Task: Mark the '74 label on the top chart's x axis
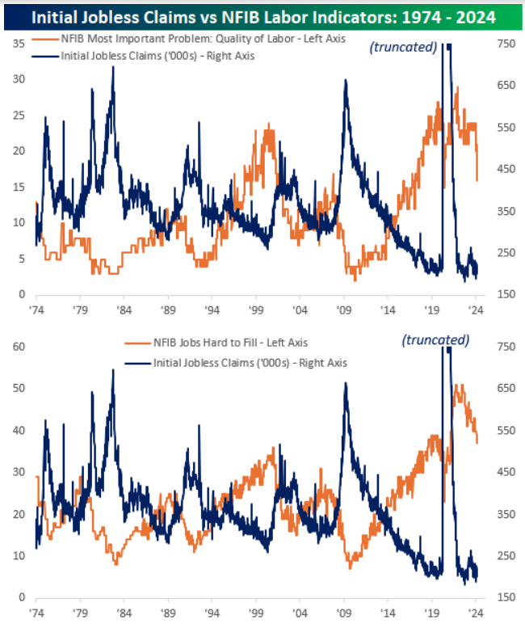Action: (36, 310)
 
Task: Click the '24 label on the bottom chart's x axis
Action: (476, 613)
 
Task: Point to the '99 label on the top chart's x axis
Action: (256, 310)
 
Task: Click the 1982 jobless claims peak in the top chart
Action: (113, 67)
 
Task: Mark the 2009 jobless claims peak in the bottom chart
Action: (346, 383)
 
